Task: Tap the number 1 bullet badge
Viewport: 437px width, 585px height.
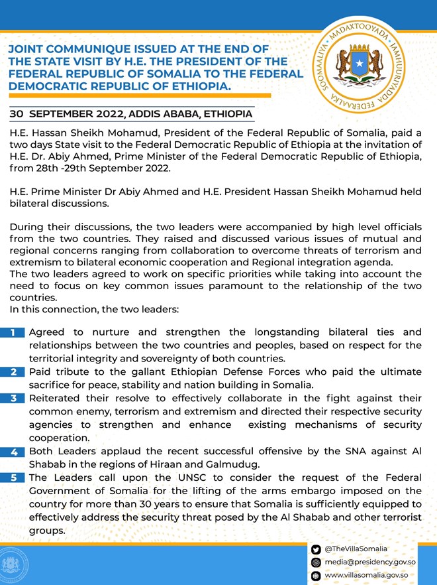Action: [x=13, y=332]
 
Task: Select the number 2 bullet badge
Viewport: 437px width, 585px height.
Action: [x=13, y=372]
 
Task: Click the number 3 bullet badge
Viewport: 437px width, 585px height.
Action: [x=13, y=398]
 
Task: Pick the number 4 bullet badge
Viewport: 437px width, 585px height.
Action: [x=13, y=452]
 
